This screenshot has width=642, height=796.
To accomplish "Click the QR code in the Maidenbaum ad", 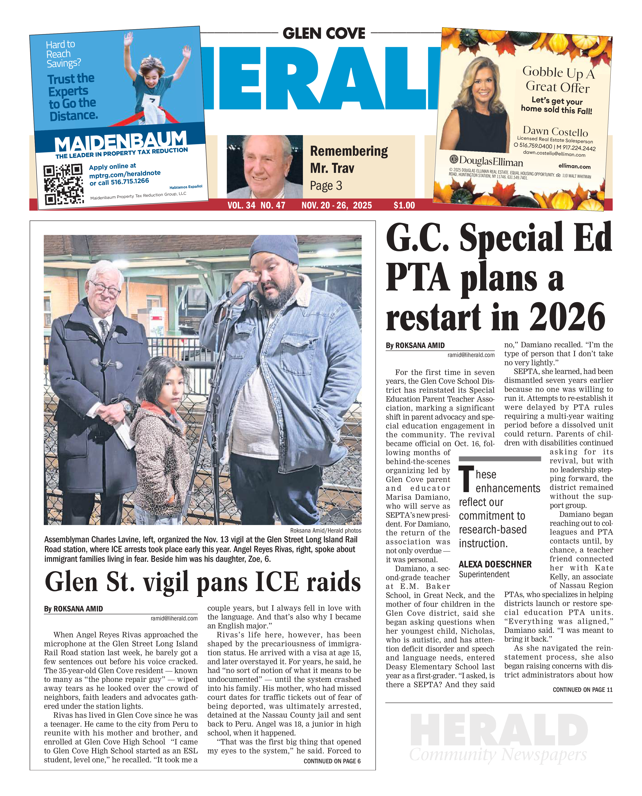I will click(x=64, y=184).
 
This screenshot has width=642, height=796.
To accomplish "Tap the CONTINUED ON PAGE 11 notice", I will click(x=582, y=690).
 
